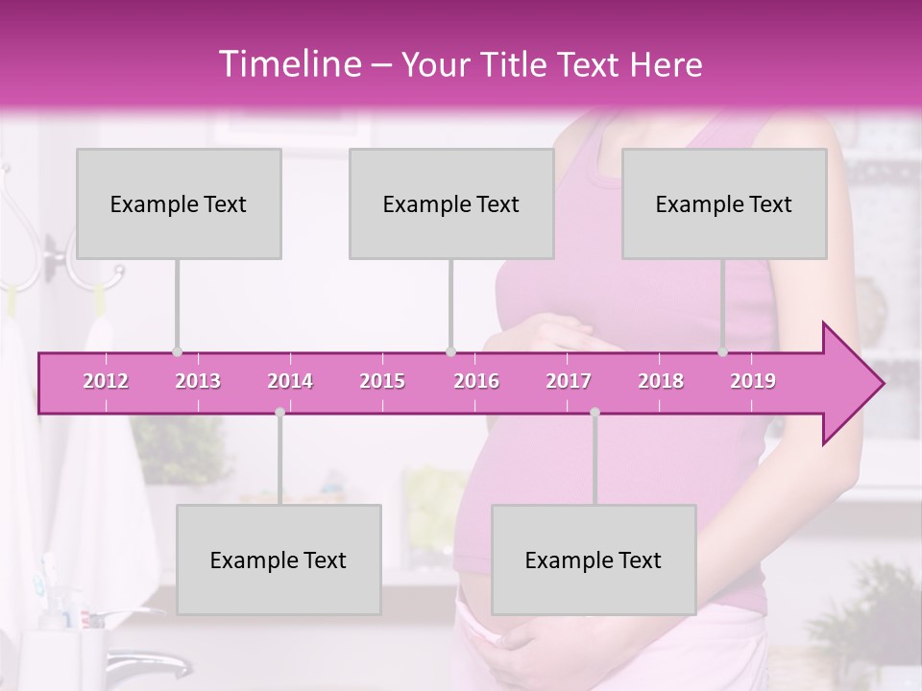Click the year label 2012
pyautogui.click(x=106, y=381)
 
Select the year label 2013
pyautogui.click(x=198, y=381)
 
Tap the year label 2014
pyautogui.click(x=290, y=381)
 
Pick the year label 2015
pyautogui.click(x=382, y=381)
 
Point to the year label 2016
pyautogui.click(x=476, y=381)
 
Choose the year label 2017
pyautogui.click(x=569, y=381)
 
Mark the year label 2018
pyautogui.click(x=661, y=381)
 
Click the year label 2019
pyautogui.click(x=753, y=381)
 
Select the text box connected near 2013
pyautogui.click(x=179, y=203)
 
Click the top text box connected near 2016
pyautogui.click(x=451, y=203)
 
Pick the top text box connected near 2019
pyautogui.click(x=724, y=203)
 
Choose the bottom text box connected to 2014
pyautogui.click(x=279, y=560)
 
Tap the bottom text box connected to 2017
pyautogui.click(x=594, y=560)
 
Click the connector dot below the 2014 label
pyautogui.click(x=279, y=413)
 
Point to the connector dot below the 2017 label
pyautogui.click(x=594, y=413)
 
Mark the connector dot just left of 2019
pyautogui.click(x=723, y=352)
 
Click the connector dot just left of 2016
pyautogui.click(x=450, y=352)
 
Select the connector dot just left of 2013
pyautogui.click(x=177, y=352)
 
